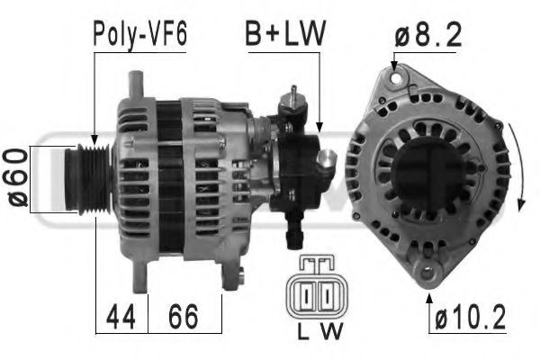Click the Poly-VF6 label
point(139,35)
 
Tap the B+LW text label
point(285,35)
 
